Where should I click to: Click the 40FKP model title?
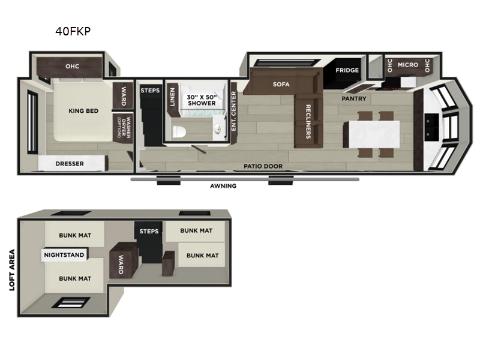point(73,31)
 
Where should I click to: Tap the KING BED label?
point(83,111)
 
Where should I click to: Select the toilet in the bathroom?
point(179,131)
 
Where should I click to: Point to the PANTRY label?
point(354,98)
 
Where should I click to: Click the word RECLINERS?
point(308,122)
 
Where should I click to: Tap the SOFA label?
point(281,84)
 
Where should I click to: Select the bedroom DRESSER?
point(73,163)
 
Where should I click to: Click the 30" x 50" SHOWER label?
point(202,100)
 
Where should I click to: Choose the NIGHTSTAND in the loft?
point(65,254)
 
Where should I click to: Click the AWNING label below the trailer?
point(223,186)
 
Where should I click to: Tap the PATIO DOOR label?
point(263,166)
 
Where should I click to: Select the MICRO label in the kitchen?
point(408,65)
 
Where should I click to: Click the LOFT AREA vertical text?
point(12,269)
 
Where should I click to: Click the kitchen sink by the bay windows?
point(431,127)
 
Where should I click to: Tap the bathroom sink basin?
point(217,129)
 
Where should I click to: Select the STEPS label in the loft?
point(149,231)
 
